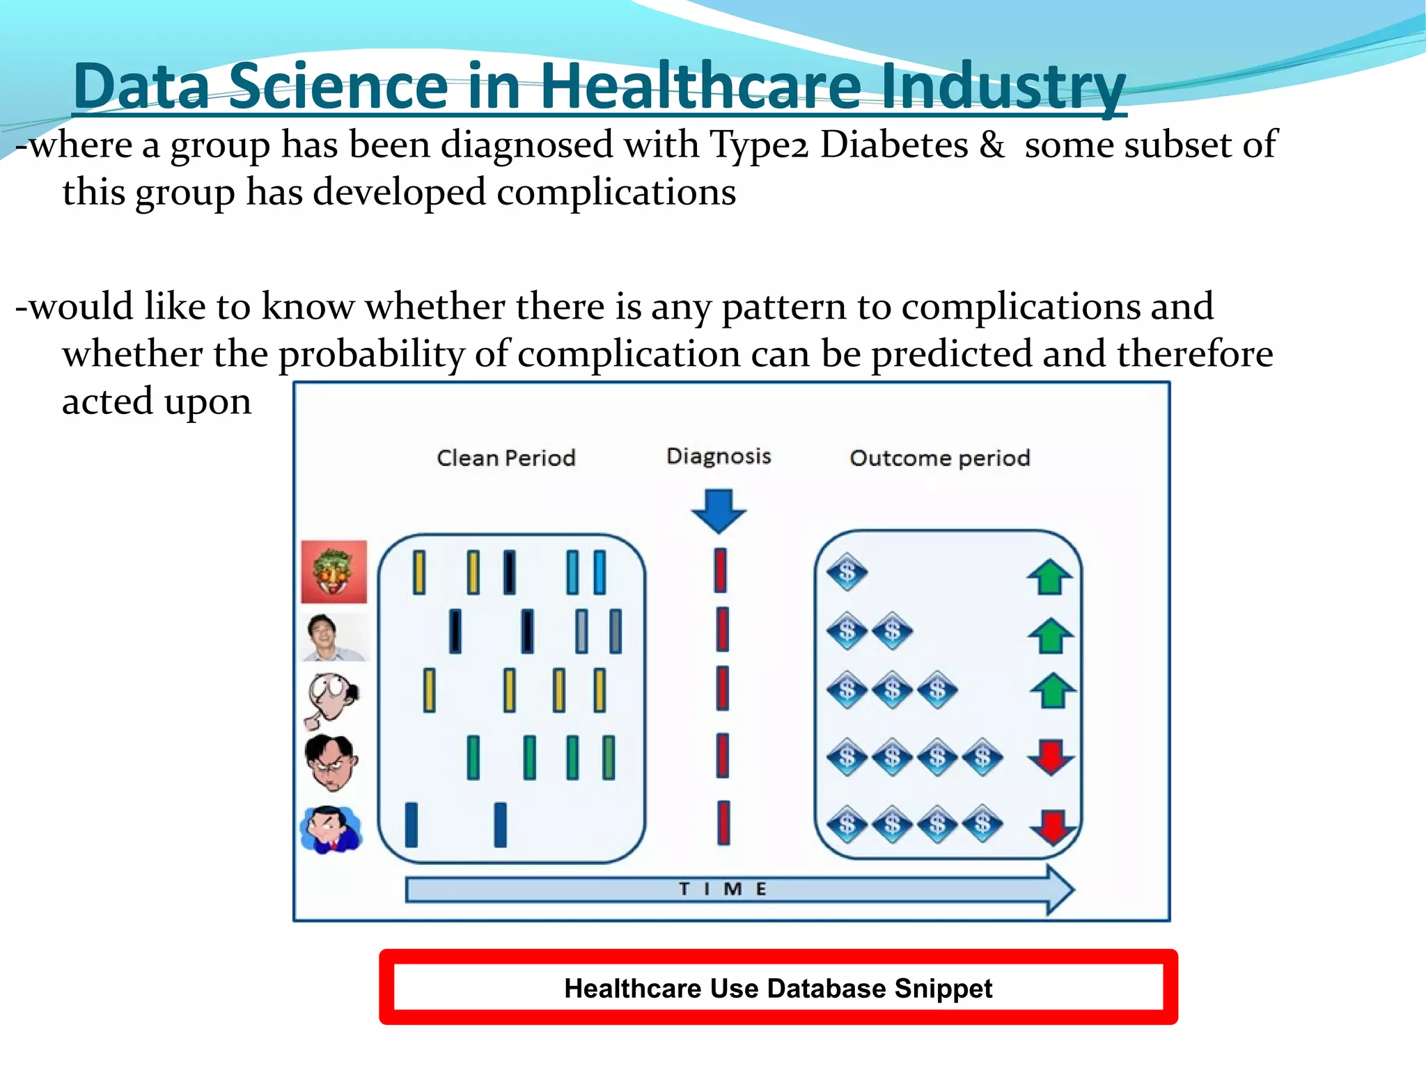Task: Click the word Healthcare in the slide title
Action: (700, 86)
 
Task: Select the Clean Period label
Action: (506, 458)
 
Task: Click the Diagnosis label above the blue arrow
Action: (719, 456)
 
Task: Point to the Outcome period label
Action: (939, 458)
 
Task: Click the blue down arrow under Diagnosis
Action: (719, 511)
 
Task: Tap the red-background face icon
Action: (334, 572)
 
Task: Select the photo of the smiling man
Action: (333, 637)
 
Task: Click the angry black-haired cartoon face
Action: (331, 763)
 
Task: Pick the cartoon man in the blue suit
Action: (331, 829)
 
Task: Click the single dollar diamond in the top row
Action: (847, 573)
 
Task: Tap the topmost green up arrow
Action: (1049, 577)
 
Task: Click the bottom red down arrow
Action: (1053, 826)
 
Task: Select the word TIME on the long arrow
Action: (723, 889)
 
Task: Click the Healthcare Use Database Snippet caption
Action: (778, 988)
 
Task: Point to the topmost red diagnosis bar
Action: (721, 571)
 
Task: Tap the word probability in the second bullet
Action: (371, 355)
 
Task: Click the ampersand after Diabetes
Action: (992, 145)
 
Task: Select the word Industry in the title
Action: (1003, 86)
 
